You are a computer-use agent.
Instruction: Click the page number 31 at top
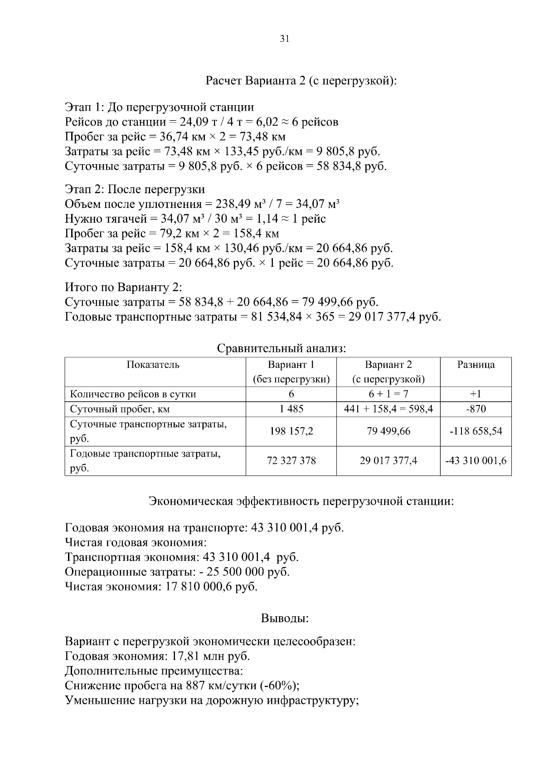pos(284,39)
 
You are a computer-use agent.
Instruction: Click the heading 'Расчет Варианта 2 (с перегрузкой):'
pos(301,81)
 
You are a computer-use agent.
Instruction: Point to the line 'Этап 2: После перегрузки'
pos(135,189)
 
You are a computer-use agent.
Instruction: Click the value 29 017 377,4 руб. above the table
pos(394,317)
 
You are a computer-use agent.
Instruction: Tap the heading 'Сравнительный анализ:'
pos(282,348)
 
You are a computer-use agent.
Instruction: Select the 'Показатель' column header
pos(153,365)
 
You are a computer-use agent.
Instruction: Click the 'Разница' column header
pos(476,365)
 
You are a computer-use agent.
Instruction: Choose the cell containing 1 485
pos(291,409)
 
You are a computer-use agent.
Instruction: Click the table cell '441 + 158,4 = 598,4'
pos(388,409)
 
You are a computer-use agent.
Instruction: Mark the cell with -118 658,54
pos(476,431)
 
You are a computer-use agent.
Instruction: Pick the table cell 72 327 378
pos(291,461)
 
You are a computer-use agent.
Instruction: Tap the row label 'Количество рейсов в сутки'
pos(133,394)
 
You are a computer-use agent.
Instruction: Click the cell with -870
pos(476,409)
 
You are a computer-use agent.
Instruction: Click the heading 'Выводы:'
pos(285,618)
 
